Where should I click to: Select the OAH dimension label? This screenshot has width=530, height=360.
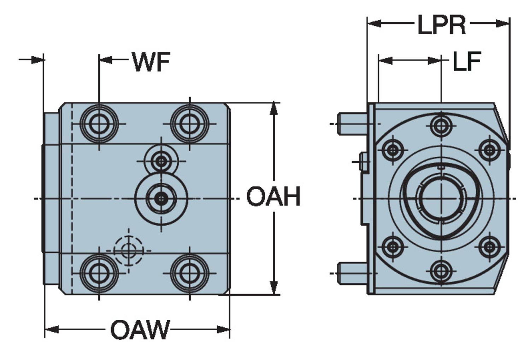click(273, 197)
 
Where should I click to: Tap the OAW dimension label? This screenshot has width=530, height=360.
click(140, 330)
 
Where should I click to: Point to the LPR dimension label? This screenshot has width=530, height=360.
click(442, 25)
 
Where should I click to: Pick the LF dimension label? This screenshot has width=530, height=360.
click(466, 61)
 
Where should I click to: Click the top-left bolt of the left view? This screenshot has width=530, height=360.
click(99, 124)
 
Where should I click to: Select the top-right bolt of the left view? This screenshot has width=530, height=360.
click(190, 124)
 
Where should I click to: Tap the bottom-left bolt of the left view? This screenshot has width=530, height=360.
click(99, 273)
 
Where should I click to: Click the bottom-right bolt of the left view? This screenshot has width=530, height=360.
click(190, 273)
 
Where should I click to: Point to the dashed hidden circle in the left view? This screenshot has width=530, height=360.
click(128, 250)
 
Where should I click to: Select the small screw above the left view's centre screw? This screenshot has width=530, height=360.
click(162, 161)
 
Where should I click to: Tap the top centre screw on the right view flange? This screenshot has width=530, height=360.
click(441, 125)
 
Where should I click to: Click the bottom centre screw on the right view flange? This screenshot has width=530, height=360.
click(441, 272)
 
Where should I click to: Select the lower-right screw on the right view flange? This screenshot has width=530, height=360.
click(489, 246)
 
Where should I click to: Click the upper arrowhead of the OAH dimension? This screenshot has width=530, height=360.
click(273, 108)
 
